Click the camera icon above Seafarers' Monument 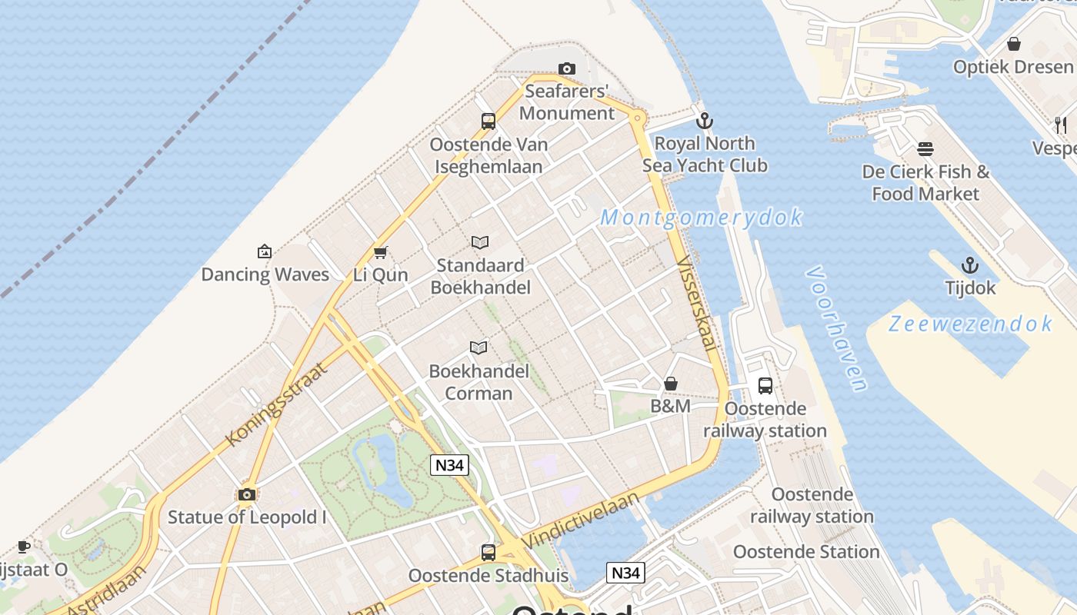click(x=567, y=69)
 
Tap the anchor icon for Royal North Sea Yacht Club click(x=704, y=121)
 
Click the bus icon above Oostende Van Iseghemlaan click(x=488, y=121)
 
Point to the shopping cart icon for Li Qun click(x=380, y=252)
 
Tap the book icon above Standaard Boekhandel click(x=480, y=243)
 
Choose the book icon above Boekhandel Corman click(x=478, y=348)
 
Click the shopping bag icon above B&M click(x=671, y=384)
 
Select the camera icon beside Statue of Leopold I click(x=247, y=494)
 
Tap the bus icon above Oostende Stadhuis click(x=488, y=552)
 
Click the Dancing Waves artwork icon click(x=265, y=251)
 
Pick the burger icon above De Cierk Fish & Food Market click(x=925, y=148)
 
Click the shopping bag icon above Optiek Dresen click(x=1014, y=44)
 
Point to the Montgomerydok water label click(x=701, y=218)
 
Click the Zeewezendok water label click(x=969, y=324)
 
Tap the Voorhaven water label click(x=837, y=328)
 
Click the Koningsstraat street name click(x=278, y=404)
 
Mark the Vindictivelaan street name click(x=580, y=520)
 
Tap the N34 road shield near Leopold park click(x=449, y=465)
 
